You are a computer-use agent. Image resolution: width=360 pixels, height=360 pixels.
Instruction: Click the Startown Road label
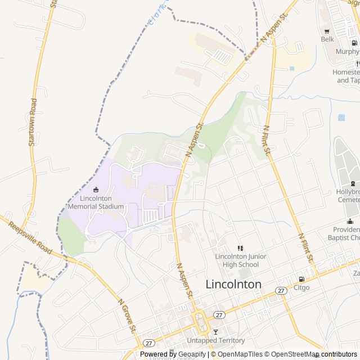33,123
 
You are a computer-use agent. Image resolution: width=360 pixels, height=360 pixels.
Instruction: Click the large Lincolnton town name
233,284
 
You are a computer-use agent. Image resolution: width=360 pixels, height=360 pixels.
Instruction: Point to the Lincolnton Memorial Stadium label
96,202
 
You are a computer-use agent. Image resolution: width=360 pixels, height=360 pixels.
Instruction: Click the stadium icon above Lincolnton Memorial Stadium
96,190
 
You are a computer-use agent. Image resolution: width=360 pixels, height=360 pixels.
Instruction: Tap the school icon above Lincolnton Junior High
240,248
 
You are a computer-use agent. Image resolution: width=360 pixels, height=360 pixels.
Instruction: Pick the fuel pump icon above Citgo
302,279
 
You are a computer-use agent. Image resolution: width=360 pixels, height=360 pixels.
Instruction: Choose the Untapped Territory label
215,340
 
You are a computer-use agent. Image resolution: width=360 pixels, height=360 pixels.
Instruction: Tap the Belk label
327,39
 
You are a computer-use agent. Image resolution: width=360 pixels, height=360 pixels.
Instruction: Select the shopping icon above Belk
327,31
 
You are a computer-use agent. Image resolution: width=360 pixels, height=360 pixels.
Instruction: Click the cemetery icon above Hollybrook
353,183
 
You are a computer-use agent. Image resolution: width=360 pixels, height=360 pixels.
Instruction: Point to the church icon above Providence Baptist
350,221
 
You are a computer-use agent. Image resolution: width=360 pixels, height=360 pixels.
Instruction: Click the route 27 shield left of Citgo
280,290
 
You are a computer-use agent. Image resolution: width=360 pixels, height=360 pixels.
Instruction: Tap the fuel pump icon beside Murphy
354,42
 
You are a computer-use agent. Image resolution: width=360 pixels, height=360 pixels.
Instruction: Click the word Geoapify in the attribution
192,354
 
